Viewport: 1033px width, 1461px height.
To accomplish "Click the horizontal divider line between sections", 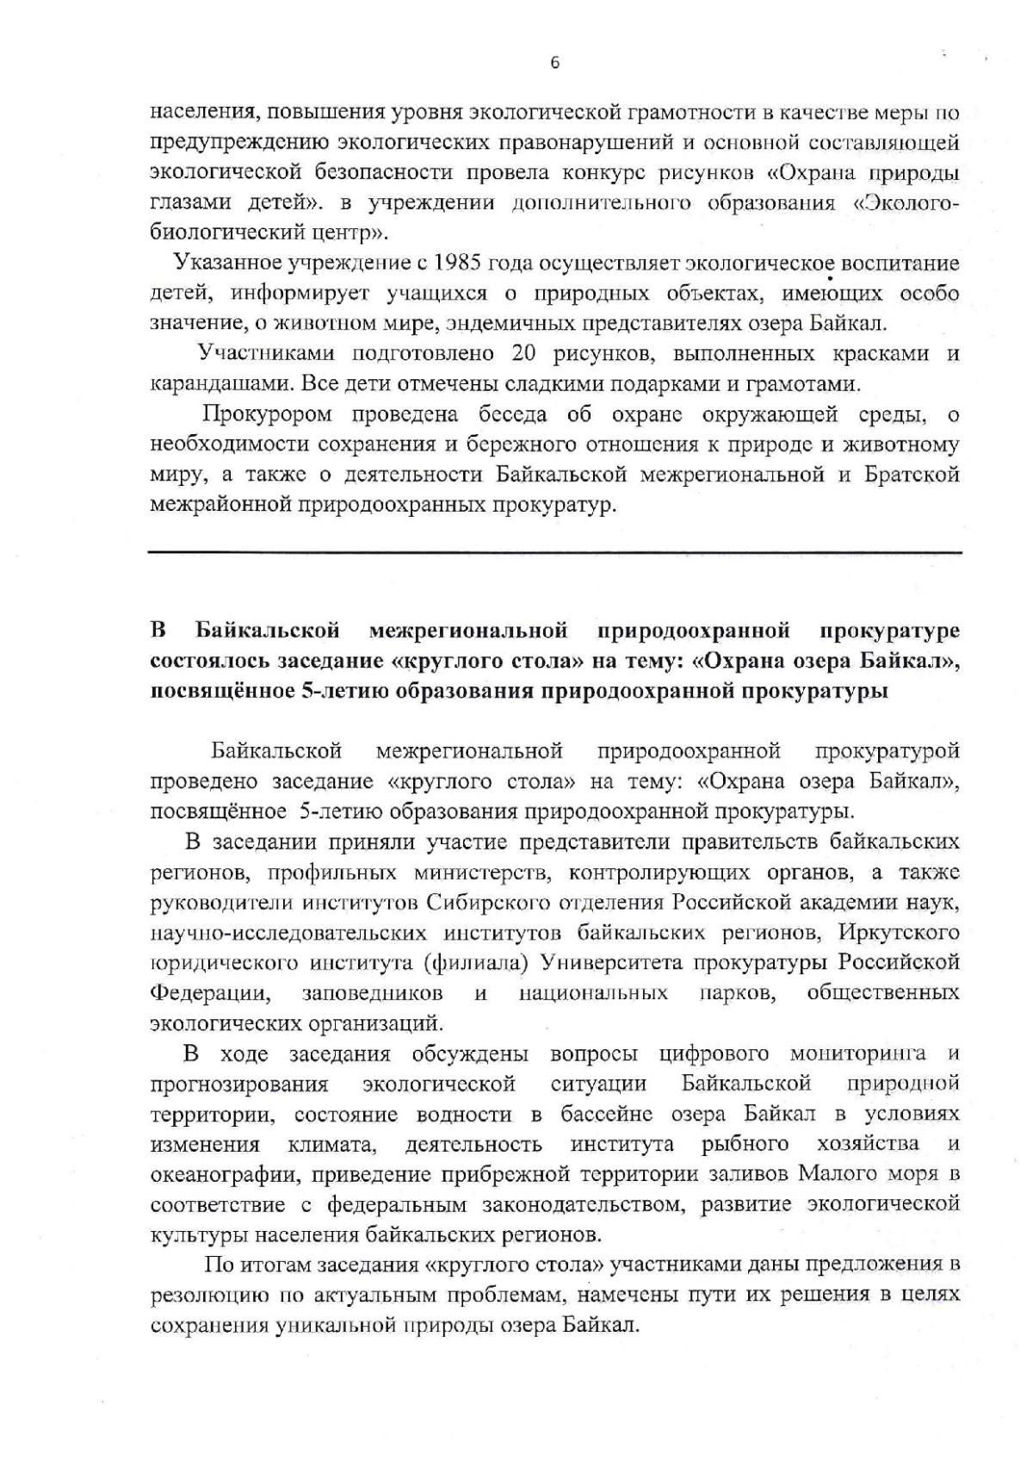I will point(555,551).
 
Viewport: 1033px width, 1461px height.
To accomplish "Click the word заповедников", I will point(373,992).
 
